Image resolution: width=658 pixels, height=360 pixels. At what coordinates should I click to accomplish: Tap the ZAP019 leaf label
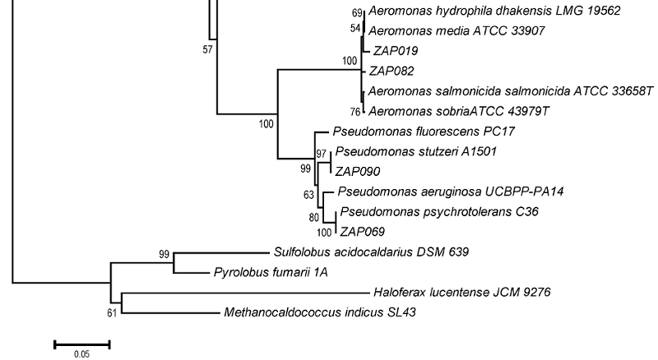point(393,50)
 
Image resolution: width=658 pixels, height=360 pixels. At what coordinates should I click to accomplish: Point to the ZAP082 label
point(392,71)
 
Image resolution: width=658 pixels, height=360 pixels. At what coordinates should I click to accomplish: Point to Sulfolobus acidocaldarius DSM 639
point(371,252)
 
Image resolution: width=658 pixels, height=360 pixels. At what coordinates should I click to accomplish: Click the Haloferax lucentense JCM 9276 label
point(461,292)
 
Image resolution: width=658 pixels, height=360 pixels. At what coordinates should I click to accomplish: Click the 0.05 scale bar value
point(81,354)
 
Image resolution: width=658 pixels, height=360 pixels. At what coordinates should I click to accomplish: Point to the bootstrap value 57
point(207,49)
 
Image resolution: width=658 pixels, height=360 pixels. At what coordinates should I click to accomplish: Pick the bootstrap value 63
point(309,196)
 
